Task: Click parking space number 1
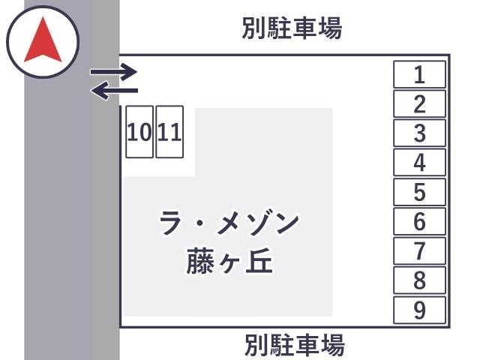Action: [419, 74]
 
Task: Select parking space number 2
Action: [419, 103]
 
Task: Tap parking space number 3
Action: [419, 133]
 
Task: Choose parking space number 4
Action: [419, 163]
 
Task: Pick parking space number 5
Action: [419, 192]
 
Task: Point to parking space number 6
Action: [419, 221]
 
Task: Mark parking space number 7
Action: [419, 250]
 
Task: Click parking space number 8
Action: [419, 280]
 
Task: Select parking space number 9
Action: [419, 310]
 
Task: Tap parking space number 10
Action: [139, 132]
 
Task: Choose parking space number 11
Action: [169, 132]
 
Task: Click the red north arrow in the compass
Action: [43, 40]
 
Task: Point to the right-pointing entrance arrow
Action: [113, 72]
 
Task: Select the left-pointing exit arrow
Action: [114, 91]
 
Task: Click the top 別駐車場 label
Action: [292, 28]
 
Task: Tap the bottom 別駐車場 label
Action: [295, 345]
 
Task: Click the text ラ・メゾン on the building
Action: [229, 223]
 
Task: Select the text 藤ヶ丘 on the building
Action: [229, 261]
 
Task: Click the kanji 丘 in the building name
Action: [259, 261]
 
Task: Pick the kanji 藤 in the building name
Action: [200, 261]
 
